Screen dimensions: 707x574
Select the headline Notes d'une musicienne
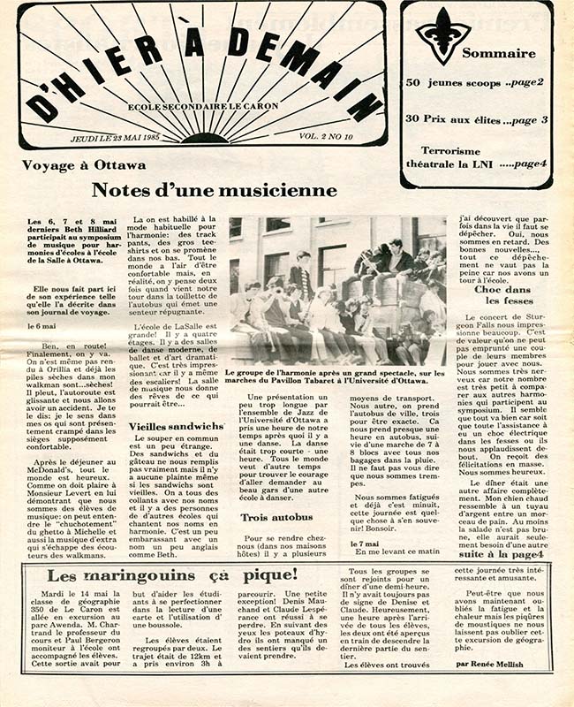[x=215, y=190]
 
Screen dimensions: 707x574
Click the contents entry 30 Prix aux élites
[x=476, y=118]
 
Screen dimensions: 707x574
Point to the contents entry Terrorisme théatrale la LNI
[x=474, y=157]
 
